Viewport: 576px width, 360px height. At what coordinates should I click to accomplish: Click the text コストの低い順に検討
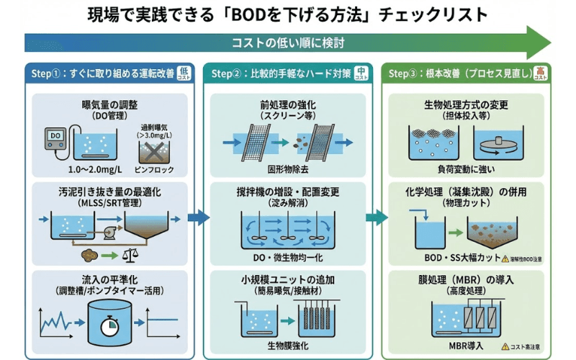click(288, 42)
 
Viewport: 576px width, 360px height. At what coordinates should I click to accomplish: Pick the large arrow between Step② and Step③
click(376, 217)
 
